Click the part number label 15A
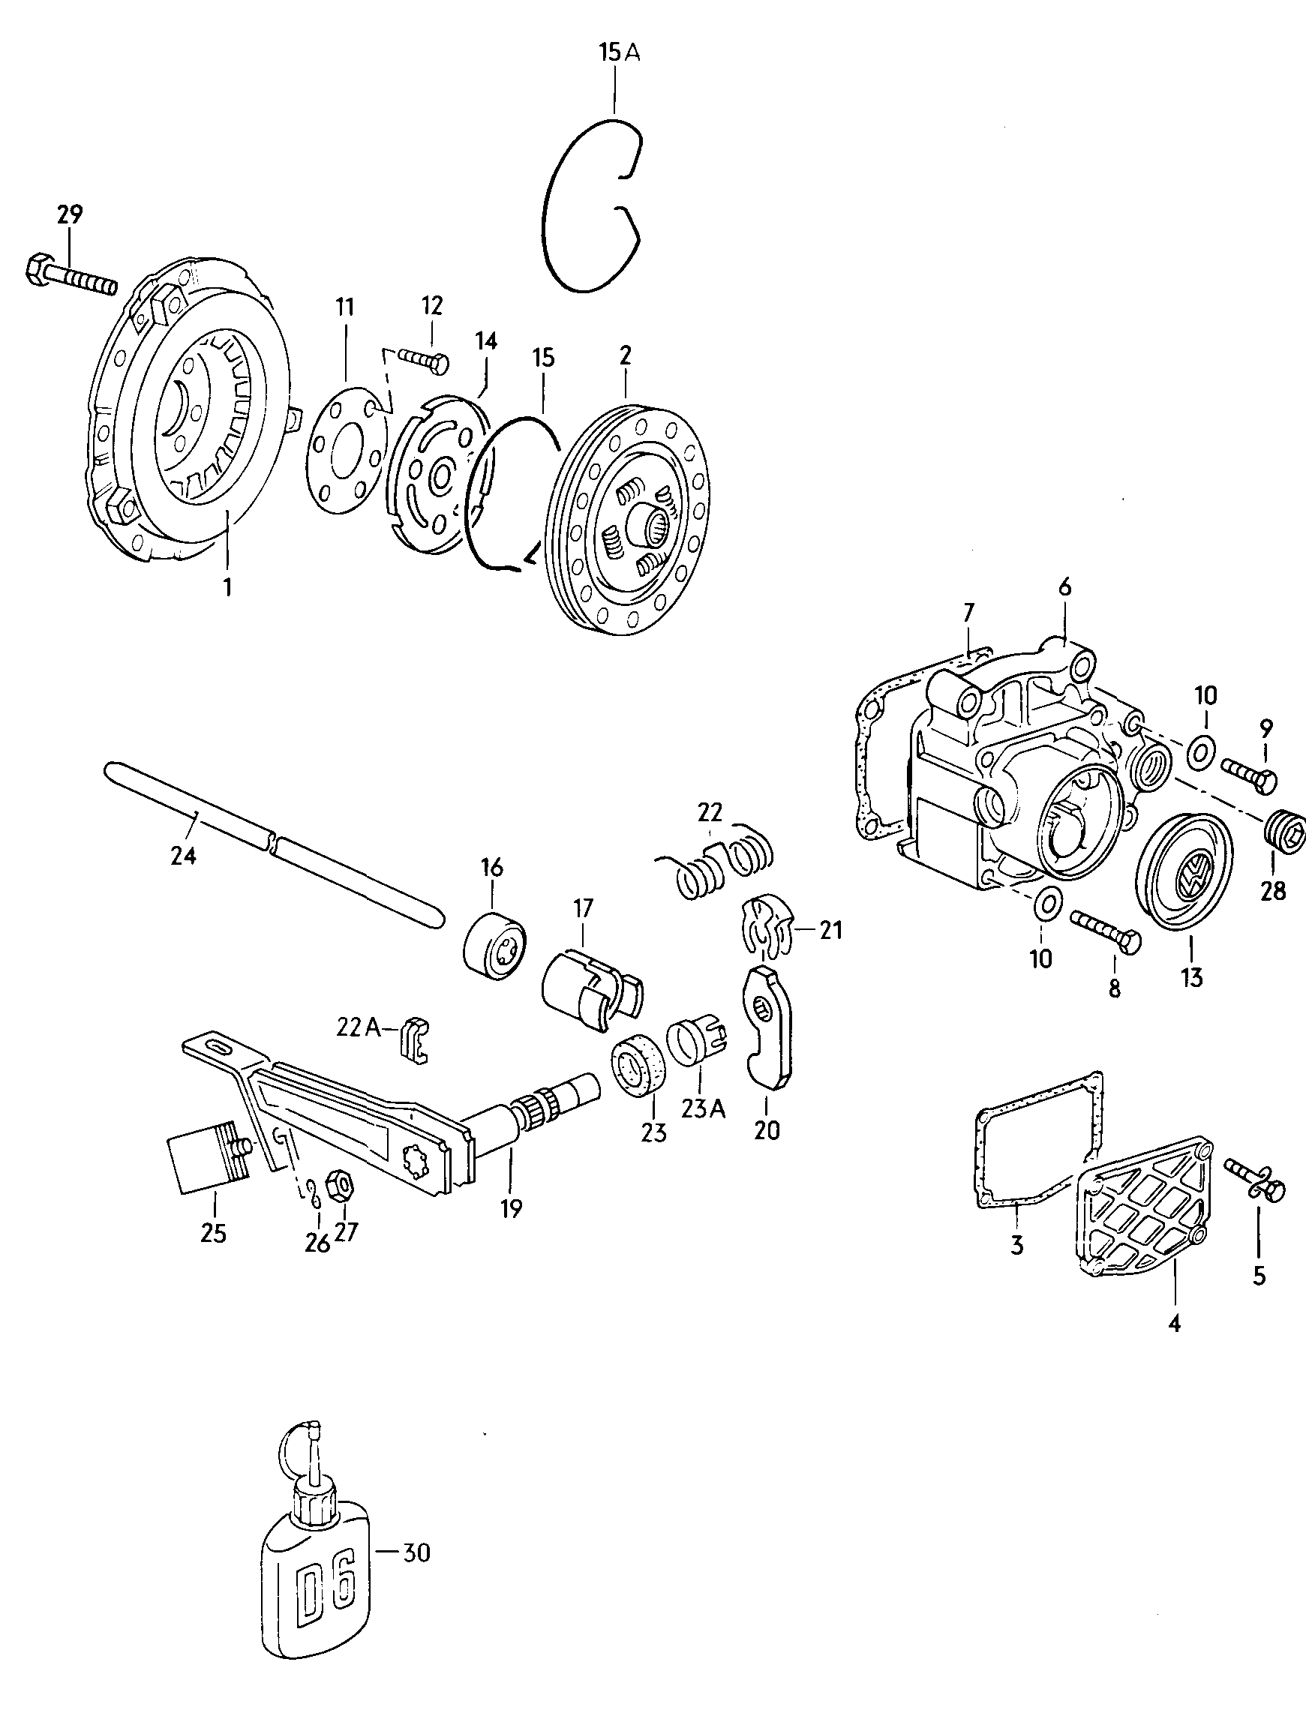(619, 53)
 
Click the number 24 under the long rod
(184, 856)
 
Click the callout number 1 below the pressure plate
(227, 586)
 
